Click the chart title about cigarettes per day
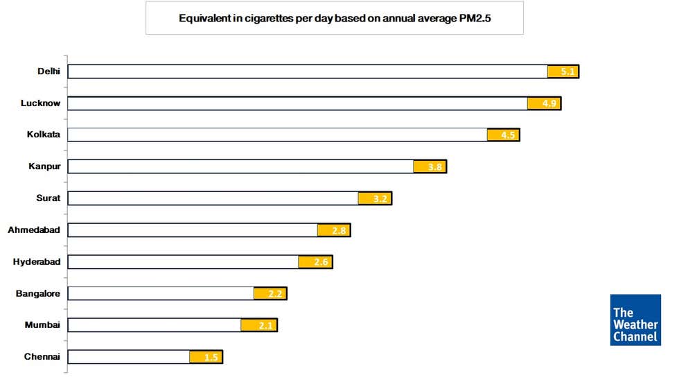pos(335,19)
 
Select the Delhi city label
pos(48,71)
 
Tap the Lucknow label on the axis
pos(41,103)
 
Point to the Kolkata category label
pos(44,134)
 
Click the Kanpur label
pos(44,166)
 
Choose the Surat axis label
pos(48,198)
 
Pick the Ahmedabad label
pos(34,229)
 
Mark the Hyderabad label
pos(37,261)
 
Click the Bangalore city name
pos(38,293)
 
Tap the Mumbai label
pos(43,324)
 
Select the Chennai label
pos(42,356)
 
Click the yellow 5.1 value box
pos(563,71)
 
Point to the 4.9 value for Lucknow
pos(544,103)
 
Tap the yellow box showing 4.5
pos(503,134)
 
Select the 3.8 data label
pos(430,166)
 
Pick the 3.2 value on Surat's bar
pos(375,198)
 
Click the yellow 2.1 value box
pos(259,325)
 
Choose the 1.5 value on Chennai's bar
pos(206,357)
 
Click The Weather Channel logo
pos(635,320)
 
